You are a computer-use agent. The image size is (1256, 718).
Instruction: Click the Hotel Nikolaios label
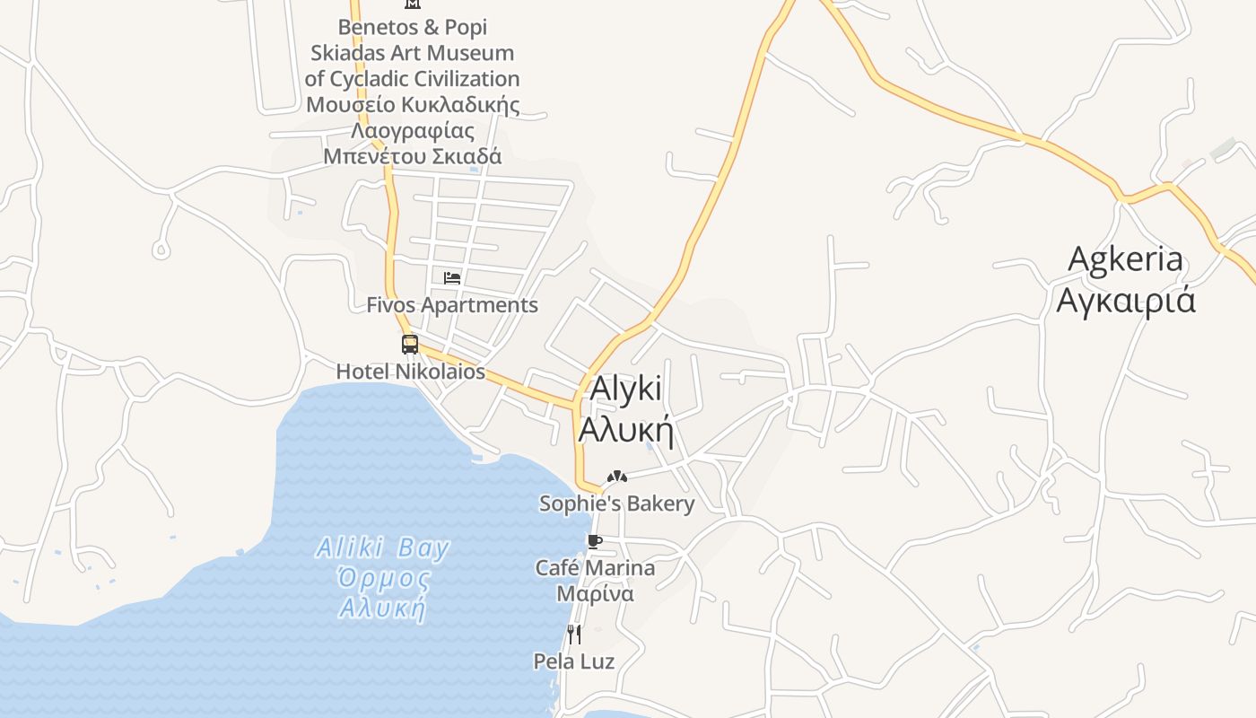pos(410,371)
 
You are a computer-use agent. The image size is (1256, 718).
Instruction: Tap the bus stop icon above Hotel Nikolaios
pos(410,345)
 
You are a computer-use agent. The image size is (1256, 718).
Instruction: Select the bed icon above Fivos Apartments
pos(452,278)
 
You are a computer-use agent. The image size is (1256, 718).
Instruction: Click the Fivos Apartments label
pos(452,305)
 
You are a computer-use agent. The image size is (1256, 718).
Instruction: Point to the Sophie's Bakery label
pos(616,503)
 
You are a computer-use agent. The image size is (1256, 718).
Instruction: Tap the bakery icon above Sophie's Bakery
pos(616,477)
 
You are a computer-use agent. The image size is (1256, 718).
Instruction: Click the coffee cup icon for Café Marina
pos(594,541)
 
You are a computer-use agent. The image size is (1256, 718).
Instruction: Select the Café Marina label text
pos(595,568)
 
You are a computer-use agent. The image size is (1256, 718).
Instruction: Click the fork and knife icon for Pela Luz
pos(574,635)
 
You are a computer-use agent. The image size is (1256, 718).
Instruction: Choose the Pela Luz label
pos(574,661)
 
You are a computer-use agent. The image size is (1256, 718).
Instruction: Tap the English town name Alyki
pos(626,390)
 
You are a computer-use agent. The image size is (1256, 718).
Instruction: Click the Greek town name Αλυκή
pos(626,431)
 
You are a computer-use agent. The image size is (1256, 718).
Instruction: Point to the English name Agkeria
pos(1126,259)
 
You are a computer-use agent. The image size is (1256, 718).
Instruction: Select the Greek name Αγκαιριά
pos(1126,300)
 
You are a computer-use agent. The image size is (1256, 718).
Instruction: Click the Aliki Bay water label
pos(383,547)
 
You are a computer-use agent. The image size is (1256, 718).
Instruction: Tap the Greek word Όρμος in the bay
pos(383,578)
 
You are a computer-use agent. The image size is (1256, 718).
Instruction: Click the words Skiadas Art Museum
pos(413,53)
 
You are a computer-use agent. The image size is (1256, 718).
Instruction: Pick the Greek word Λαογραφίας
pos(413,131)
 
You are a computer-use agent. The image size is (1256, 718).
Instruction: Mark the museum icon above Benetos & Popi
pos(413,4)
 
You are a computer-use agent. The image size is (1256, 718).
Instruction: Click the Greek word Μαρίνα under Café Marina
pos(595,594)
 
